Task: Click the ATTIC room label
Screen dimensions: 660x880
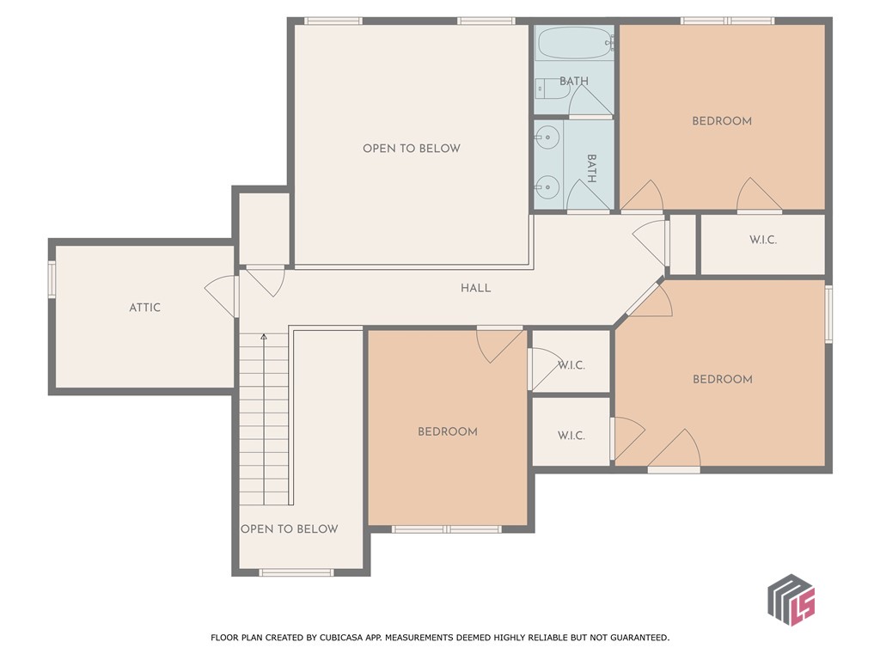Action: pyautogui.click(x=144, y=308)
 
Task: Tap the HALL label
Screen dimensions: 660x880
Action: pyautogui.click(x=475, y=288)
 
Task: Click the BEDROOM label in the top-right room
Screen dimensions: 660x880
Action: pyautogui.click(x=722, y=121)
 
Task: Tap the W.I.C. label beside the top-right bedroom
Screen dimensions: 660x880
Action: pyautogui.click(x=762, y=240)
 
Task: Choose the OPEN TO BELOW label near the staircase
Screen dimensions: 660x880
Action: pyautogui.click(x=289, y=529)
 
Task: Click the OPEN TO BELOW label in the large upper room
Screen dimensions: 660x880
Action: pyautogui.click(x=411, y=149)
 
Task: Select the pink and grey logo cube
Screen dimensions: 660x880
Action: pyautogui.click(x=791, y=598)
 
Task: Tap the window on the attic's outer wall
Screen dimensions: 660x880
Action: pyautogui.click(x=52, y=280)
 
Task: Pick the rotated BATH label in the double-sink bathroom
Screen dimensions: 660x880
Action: pyautogui.click(x=592, y=168)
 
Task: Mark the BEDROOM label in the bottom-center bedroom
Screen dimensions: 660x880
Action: pyautogui.click(x=447, y=432)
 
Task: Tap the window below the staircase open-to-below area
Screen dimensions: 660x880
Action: pyautogui.click(x=296, y=571)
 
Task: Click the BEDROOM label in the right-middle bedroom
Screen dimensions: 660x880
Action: pyautogui.click(x=722, y=379)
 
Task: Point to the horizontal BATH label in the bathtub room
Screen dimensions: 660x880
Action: pyautogui.click(x=574, y=82)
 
